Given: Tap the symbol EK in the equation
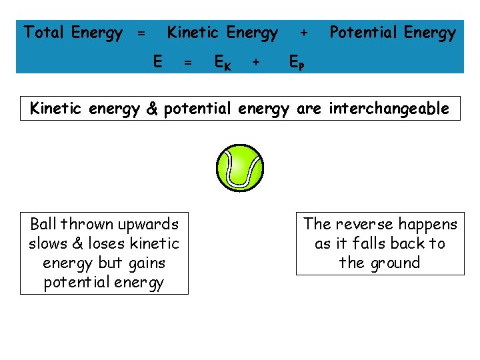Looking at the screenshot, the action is click(x=223, y=63).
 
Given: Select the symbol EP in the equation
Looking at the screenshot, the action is click(x=297, y=63).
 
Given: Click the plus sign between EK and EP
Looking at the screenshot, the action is click(x=255, y=63).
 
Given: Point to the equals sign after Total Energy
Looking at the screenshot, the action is click(x=141, y=33).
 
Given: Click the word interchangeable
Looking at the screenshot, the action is click(x=388, y=109).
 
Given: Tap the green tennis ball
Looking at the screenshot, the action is click(x=240, y=167).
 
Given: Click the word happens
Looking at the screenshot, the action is click(x=431, y=225).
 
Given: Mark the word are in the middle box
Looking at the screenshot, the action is click(x=309, y=109).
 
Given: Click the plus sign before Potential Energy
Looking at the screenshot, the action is click(x=304, y=32).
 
